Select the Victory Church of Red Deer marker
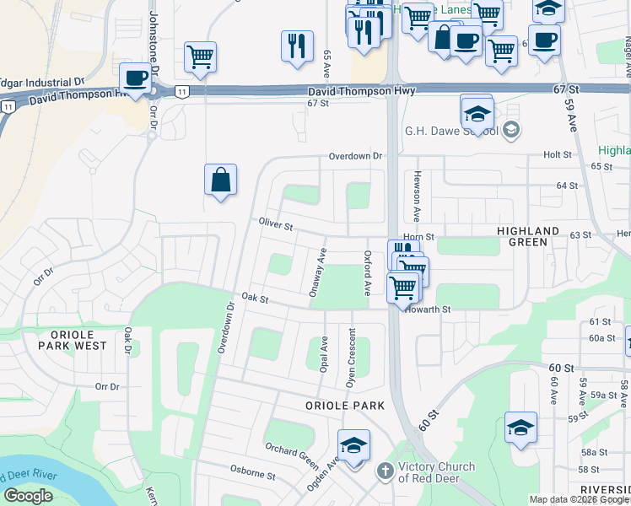tap(385, 470)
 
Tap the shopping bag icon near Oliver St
tap(220, 180)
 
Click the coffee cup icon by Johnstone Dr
tap(135, 78)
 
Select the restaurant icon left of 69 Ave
tap(297, 46)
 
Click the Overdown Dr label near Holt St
tap(355, 156)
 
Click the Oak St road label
tap(254, 298)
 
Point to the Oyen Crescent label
tap(351, 363)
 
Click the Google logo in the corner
tap(29, 496)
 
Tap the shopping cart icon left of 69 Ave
tap(200, 57)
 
